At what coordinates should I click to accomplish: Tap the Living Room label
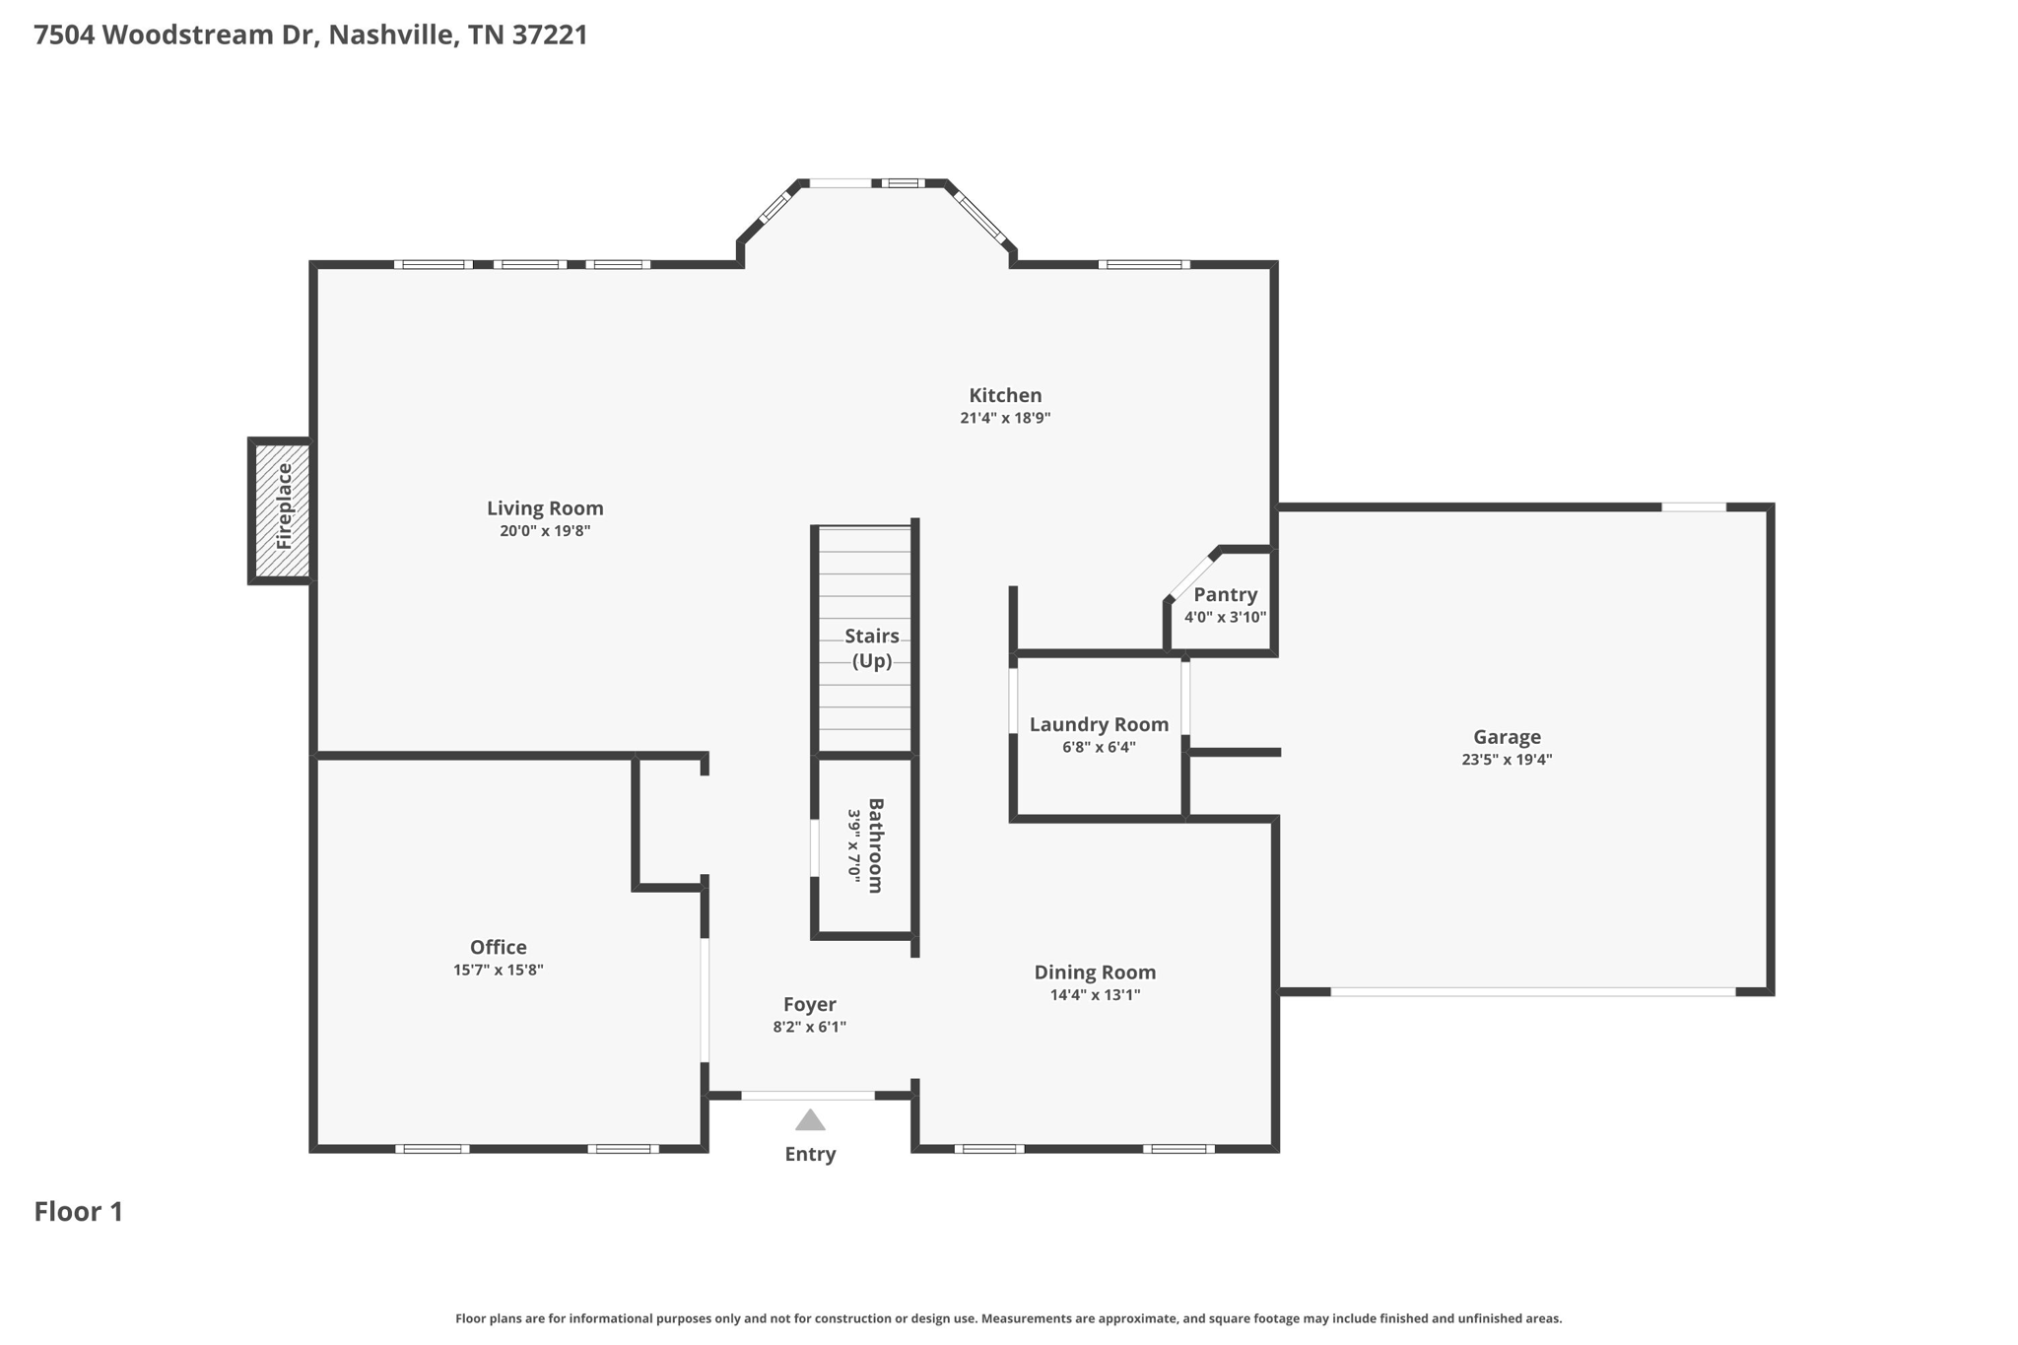click(545, 508)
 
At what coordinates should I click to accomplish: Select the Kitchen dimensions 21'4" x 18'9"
click(1005, 418)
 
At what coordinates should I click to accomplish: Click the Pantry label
click(1225, 595)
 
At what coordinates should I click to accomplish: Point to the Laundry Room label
click(1099, 724)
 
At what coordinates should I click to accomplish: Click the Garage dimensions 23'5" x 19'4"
click(1507, 760)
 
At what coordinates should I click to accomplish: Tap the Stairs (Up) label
click(871, 648)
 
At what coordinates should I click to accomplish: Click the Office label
click(498, 947)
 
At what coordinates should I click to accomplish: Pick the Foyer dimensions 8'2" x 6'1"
click(809, 1027)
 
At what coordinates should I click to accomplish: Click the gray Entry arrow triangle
click(810, 1121)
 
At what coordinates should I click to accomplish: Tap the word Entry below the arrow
click(810, 1154)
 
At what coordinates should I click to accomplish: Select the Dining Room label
click(1095, 973)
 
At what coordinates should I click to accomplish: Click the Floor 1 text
click(79, 1211)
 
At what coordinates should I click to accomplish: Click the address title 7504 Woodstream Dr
click(310, 35)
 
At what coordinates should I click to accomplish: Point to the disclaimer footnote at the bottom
click(1008, 1318)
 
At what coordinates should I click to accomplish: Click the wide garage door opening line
click(1532, 991)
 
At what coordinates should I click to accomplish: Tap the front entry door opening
click(808, 1096)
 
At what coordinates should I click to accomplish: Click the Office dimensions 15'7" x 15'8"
click(498, 970)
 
